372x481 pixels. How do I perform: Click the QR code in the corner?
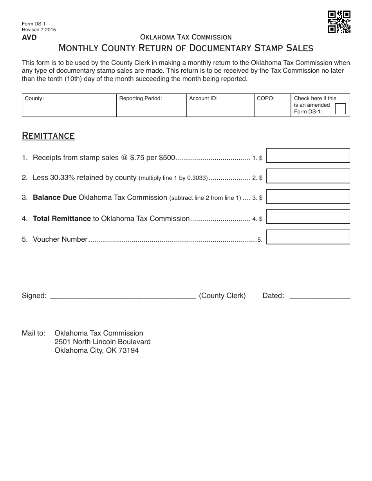click(x=339, y=22)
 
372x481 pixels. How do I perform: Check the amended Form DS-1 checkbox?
click(x=340, y=109)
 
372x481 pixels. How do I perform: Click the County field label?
click(x=34, y=99)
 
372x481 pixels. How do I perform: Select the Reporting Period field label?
click(x=140, y=99)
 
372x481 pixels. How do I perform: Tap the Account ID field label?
click(x=203, y=99)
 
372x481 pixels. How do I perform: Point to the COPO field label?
click(x=265, y=99)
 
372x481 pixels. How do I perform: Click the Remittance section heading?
click(x=48, y=136)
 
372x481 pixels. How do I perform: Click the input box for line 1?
click(x=308, y=156)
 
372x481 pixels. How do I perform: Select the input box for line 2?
click(x=308, y=176)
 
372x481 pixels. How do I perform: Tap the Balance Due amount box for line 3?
click(x=308, y=196)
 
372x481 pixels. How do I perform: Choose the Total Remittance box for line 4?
click(x=308, y=217)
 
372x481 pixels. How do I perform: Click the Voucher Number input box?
click(x=308, y=237)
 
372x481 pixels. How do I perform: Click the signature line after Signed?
click(x=123, y=296)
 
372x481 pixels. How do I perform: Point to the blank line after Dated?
click(x=320, y=296)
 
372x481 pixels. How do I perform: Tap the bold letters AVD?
click(x=29, y=38)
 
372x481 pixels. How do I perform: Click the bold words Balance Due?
click(x=54, y=197)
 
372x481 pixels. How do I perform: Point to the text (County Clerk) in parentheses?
click(x=222, y=296)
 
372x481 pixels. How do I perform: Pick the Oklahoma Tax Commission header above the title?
click(x=186, y=37)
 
